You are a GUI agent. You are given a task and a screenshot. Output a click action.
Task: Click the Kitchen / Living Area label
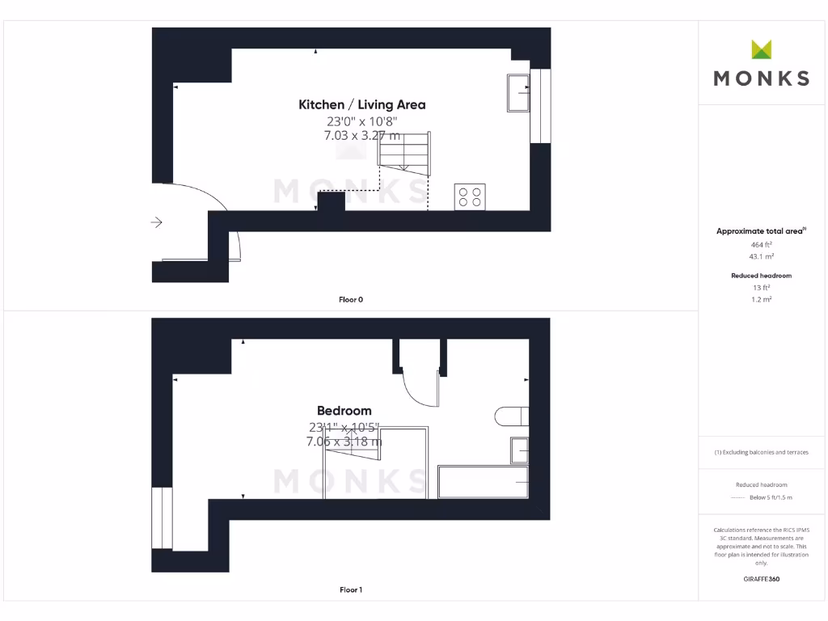(361, 104)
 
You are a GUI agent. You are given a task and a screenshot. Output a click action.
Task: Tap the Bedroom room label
(344, 411)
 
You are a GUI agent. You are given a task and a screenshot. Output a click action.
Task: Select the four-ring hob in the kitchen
(470, 196)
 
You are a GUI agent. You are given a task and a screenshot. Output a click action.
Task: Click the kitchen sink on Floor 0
(517, 92)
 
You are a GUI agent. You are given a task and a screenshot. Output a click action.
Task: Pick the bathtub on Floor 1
(483, 482)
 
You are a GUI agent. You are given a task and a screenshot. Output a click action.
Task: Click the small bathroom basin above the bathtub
(518, 450)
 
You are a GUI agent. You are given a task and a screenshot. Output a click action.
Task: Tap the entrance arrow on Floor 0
(157, 222)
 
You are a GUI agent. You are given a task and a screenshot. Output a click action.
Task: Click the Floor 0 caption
(350, 300)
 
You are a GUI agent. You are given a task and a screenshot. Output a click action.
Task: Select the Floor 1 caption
(350, 590)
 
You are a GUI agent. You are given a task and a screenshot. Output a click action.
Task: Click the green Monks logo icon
(761, 49)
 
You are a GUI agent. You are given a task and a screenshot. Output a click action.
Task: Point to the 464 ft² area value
(761, 244)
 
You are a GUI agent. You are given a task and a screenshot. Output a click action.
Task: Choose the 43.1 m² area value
(761, 256)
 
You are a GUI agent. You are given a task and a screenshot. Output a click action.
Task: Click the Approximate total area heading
(760, 231)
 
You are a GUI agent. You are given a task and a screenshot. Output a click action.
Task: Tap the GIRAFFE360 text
(761, 579)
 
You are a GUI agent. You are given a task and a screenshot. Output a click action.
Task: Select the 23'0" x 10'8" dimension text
(361, 121)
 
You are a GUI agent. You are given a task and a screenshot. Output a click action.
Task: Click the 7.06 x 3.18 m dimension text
(344, 441)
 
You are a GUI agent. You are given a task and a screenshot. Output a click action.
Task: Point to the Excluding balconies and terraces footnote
(761, 452)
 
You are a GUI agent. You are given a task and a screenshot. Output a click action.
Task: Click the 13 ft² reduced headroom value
(761, 287)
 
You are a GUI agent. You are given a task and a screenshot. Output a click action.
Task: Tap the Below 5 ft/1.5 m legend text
(771, 497)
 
